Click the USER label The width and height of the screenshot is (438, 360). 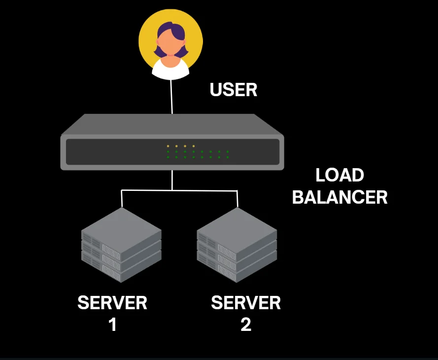coord(234,90)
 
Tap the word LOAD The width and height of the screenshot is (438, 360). coord(339,176)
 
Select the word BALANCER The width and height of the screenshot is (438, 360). coord(339,197)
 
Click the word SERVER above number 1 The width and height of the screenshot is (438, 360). coord(112,303)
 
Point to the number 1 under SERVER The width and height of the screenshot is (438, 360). coord(112,324)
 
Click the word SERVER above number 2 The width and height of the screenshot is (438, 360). coord(246,303)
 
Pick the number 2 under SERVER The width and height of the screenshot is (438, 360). coord(246,324)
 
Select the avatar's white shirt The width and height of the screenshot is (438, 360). coord(170,69)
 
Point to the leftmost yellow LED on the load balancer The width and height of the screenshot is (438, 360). coord(168,146)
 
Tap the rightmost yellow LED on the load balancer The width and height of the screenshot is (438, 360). coord(194,146)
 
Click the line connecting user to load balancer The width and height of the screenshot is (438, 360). coord(171,96)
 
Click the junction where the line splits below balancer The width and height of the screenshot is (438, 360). coord(172,190)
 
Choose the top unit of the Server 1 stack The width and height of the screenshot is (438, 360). coord(121,227)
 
